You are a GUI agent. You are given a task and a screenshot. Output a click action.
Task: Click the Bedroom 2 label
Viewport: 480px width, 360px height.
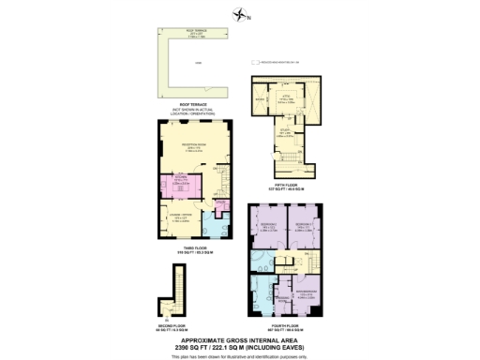coord(268,226)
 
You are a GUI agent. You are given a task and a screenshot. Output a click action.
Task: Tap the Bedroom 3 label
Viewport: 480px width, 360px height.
coord(303,226)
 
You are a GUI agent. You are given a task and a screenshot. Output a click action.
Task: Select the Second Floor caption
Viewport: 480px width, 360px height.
coord(173,328)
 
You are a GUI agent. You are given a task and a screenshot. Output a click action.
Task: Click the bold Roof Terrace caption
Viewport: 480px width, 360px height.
coord(190,105)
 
